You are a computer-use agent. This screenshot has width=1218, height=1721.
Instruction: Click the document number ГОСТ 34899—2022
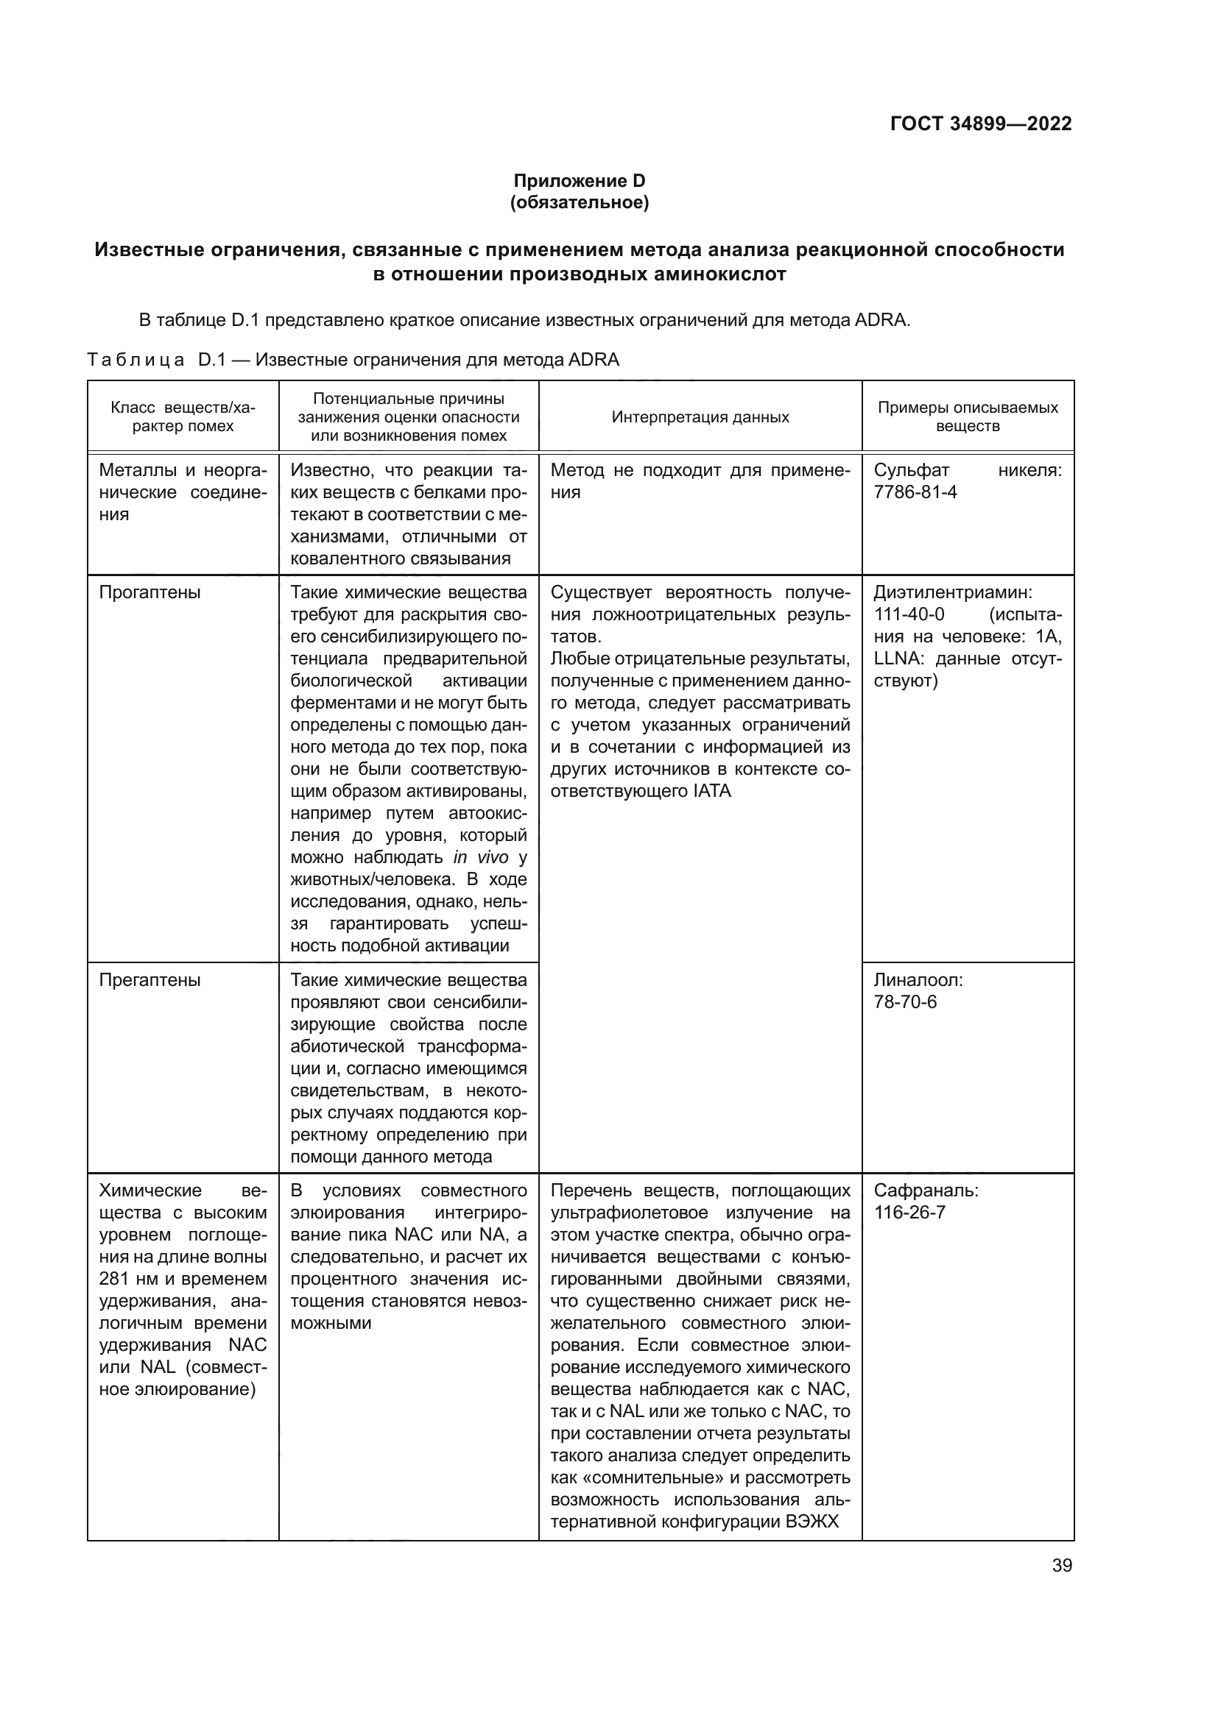click(980, 124)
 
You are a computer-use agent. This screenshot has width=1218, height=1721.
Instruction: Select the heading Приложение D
click(579, 181)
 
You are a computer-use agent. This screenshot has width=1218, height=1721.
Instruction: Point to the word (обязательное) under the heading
click(579, 202)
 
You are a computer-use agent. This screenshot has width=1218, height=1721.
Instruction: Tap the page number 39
click(1062, 1565)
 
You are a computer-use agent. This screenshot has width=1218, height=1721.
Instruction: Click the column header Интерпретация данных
click(700, 416)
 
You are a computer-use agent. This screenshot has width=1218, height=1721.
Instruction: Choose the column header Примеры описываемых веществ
click(968, 416)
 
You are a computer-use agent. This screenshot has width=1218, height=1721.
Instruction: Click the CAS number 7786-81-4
click(915, 492)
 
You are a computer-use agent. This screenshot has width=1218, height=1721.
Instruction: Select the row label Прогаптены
click(150, 592)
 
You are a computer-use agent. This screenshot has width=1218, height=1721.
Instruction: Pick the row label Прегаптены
click(150, 979)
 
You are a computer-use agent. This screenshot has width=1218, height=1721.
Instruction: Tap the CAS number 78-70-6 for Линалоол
click(905, 1002)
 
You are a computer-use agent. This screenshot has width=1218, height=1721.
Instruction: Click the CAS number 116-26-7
click(909, 1212)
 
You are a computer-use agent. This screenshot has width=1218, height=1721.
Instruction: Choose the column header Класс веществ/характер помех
click(183, 416)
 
